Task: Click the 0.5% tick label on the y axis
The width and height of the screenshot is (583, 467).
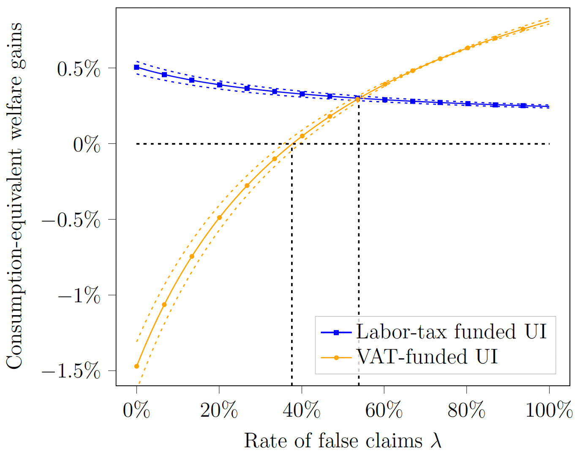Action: [x=79, y=69]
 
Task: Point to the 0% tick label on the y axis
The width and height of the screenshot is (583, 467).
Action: [x=87, y=145]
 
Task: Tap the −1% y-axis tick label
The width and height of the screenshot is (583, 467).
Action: [x=79, y=295]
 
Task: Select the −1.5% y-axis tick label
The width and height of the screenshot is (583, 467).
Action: [x=71, y=371]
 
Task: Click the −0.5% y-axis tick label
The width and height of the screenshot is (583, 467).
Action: [x=71, y=220]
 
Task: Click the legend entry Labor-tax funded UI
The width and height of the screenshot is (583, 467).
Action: [x=451, y=332]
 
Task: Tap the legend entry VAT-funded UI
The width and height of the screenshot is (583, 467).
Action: [x=427, y=357]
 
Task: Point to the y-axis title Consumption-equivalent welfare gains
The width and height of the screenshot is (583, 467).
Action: [x=14, y=195]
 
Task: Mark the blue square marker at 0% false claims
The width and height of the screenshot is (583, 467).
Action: [x=136, y=67]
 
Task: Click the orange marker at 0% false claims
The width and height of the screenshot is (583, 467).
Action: [x=136, y=366]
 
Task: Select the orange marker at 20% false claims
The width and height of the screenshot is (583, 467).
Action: [x=219, y=217]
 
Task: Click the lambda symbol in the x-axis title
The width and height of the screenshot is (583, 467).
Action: [x=436, y=441]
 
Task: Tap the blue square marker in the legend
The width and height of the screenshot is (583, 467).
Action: [x=336, y=332]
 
